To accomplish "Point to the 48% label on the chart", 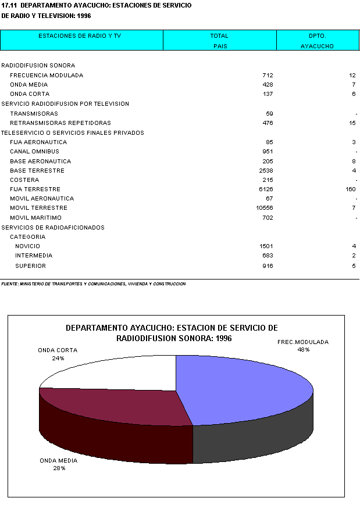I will coord(303,350).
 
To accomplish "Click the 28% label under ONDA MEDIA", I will coord(58,468).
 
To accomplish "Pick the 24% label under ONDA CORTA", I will coord(58,359).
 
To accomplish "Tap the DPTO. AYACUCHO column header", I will coord(317,41).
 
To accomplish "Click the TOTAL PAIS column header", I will coord(219,41).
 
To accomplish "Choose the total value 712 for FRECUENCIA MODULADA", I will coord(268,76).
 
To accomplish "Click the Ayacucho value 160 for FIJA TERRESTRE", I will coord(350,189).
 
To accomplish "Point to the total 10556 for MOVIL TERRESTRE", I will coord(265,208).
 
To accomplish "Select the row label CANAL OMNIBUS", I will coord(34,152).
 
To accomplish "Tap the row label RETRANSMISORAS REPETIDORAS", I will coord(60,123).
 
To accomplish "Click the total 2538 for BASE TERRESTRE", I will coord(266,171).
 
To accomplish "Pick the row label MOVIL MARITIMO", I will coord(35,218).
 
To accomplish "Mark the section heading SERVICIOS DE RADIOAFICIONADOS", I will coord(53,228).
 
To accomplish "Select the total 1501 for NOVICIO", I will coord(266,246).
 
